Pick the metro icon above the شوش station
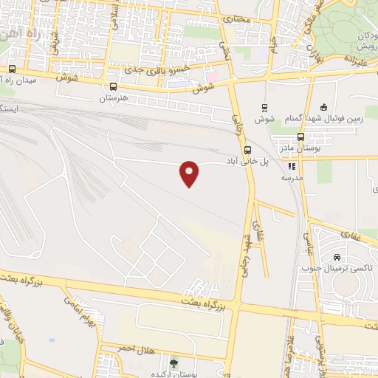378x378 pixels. (264, 106)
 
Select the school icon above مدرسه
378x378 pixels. (292, 167)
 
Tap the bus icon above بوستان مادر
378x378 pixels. (300, 137)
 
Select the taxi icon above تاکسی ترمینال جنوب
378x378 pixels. (337, 258)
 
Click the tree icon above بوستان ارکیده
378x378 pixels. (174, 362)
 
